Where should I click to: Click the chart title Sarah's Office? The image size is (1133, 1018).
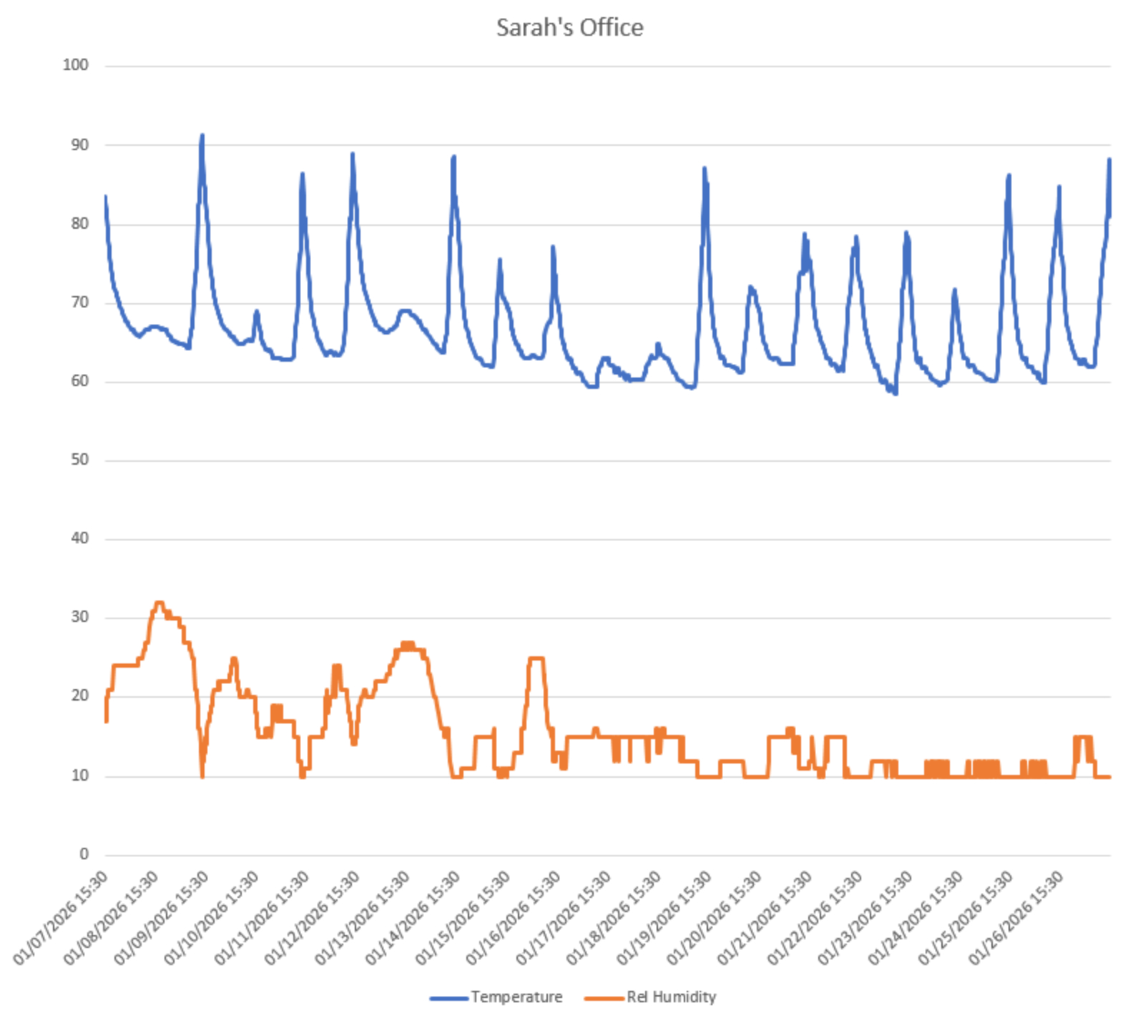pyautogui.click(x=569, y=27)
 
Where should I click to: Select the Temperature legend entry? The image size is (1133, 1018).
pyautogui.click(x=516, y=997)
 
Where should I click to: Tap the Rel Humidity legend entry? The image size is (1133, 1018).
pyautogui.click(x=671, y=997)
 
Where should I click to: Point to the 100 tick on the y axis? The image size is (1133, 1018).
pyautogui.click(x=75, y=65)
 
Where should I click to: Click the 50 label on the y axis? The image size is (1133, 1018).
pyautogui.click(x=79, y=460)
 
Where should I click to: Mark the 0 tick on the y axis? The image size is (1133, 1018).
pyautogui.click(x=84, y=854)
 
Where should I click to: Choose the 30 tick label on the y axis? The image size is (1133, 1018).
pyautogui.click(x=79, y=617)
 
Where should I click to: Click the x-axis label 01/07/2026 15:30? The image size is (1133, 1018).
pyautogui.click(x=62, y=918)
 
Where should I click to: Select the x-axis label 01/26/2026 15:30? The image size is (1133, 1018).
pyautogui.click(x=1017, y=918)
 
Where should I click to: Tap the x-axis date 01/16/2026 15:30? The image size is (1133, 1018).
pyautogui.click(x=514, y=918)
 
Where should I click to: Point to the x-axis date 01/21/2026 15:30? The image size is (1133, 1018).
pyautogui.click(x=765, y=918)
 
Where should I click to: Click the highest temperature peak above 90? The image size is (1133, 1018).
pyautogui.click(x=202, y=135)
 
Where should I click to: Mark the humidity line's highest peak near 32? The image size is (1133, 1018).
pyautogui.click(x=160, y=603)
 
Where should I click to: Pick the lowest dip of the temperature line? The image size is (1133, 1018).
pyautogui.click(x=896, y=393)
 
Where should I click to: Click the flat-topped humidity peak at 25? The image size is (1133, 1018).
pyautogui.click(x=536, y=658)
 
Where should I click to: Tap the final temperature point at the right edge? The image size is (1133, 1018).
pyautogui.click(x=1109, y=159)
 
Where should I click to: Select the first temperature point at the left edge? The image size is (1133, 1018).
pyautogui.click(x=106, y=196)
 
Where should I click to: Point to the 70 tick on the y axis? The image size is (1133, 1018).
pyautogui.click(x=79, y=302)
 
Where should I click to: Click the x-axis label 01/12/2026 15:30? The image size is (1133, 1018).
pyautogui.click(x=313, y=918)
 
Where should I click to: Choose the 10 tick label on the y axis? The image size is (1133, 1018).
pyautogui.click(x=79, y=775)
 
